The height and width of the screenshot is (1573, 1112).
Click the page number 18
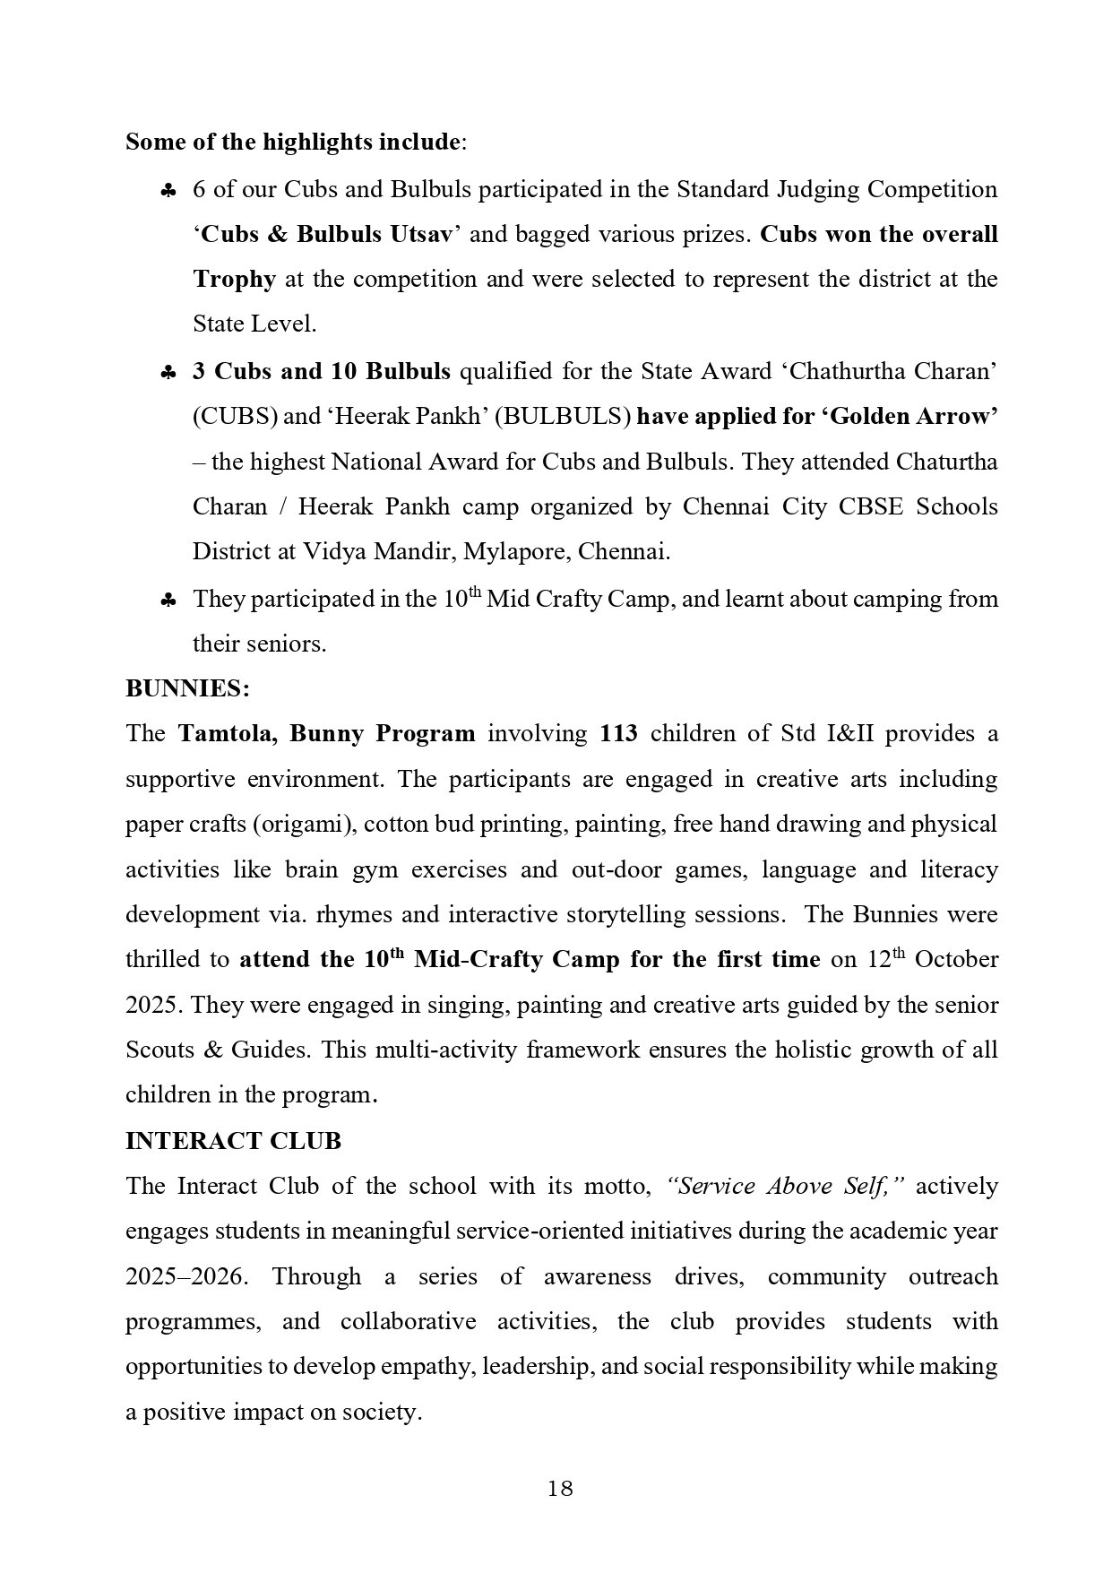pos(560,1489)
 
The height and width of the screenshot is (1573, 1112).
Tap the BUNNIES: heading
pos(187,688)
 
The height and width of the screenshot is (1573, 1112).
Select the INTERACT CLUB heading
pos(233,1141)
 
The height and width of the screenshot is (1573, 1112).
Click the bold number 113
pos(618,733)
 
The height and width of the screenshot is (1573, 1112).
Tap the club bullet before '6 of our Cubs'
pos(168,191)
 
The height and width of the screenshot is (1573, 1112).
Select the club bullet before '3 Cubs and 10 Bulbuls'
pos(168,373)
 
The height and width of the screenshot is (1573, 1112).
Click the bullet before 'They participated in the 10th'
pos(168,601)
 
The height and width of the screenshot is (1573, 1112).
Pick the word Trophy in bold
pos(234,279)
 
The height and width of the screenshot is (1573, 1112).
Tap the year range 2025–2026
pos(185,1275)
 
